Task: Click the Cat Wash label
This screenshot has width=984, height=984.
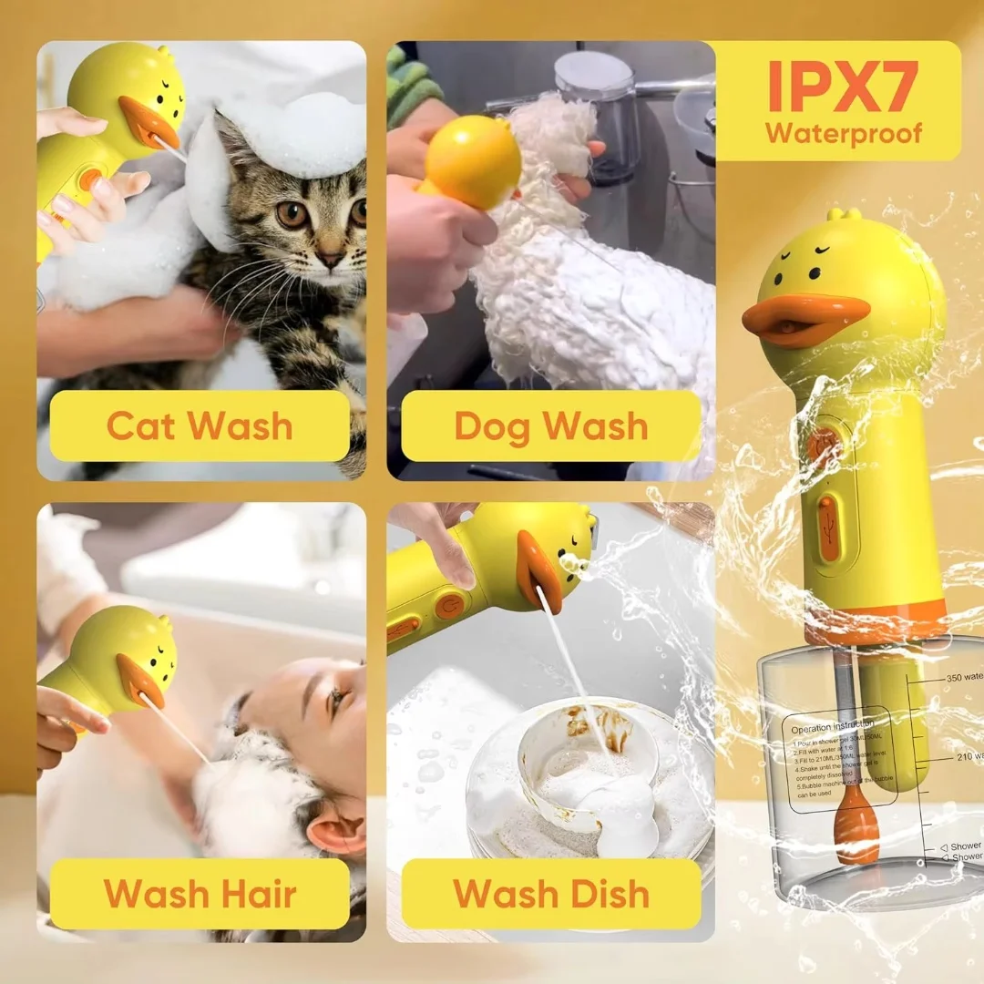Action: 200,426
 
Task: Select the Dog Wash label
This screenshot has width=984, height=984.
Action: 551,426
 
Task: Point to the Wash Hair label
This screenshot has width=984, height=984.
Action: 200,894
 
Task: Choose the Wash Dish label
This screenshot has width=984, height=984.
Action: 551,894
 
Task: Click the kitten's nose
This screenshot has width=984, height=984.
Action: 329,261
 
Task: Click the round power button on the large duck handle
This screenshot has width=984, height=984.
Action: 823,445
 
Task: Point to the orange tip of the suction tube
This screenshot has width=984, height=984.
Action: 857,825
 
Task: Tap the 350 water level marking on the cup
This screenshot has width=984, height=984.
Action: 961,677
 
